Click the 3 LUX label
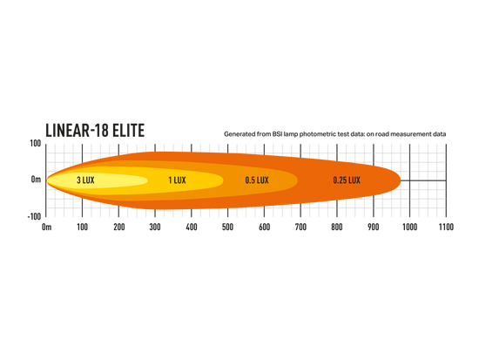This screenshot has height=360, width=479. click(85, 180)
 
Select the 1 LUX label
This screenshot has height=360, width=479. click(177, 180)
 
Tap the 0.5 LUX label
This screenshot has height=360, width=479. click(257, 180)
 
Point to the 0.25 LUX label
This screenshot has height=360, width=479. click(347, 180)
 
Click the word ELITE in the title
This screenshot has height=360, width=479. click(128, 130)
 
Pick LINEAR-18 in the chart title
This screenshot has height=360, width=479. click(77, 130)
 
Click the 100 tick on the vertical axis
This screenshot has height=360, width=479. click(36, 144)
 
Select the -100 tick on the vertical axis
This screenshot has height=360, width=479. click(34, 216)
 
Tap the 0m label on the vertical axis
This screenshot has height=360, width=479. click(36, 180)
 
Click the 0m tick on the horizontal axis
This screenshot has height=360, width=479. click(46, 227)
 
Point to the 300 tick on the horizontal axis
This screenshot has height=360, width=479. click(155, 227)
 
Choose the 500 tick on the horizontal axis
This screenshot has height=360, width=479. click(228, 227)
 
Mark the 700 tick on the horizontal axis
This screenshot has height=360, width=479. click(300, 227)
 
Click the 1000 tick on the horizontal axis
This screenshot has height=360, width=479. click(409, 227)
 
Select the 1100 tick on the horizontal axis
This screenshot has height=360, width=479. click(446, 227)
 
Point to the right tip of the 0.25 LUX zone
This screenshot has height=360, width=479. click(401, 180)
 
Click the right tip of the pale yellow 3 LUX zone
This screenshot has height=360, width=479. click(148, 180)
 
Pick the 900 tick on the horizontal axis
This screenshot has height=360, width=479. click(374, 227)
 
